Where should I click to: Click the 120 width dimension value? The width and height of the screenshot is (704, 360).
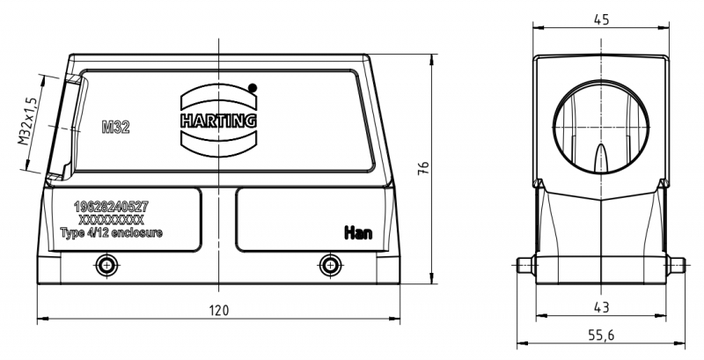[x=218, y=310]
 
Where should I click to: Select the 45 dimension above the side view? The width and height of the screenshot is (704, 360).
[x=602, y=18]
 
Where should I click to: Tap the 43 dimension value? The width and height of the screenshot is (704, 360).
[x=602, y=307]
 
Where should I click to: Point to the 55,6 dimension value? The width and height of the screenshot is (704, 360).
[x=602, y=335]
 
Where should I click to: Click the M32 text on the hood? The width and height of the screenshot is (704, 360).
[x=115, y=127]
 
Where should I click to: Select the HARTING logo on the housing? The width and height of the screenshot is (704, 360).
[x=218, y=120]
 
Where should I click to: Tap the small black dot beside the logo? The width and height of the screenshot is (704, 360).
[x=253, y=87]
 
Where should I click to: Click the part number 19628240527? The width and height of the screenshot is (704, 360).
[x=111, y=205]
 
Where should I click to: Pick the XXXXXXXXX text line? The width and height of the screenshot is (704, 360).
[x=111, y=218]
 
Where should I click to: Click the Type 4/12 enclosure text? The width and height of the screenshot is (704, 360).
[x=111, y=231]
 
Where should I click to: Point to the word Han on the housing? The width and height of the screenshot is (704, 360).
[x=357, y=232]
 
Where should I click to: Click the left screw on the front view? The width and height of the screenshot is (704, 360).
[x=107, y=264]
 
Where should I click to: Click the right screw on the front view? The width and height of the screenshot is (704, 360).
[x=330, y=264]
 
